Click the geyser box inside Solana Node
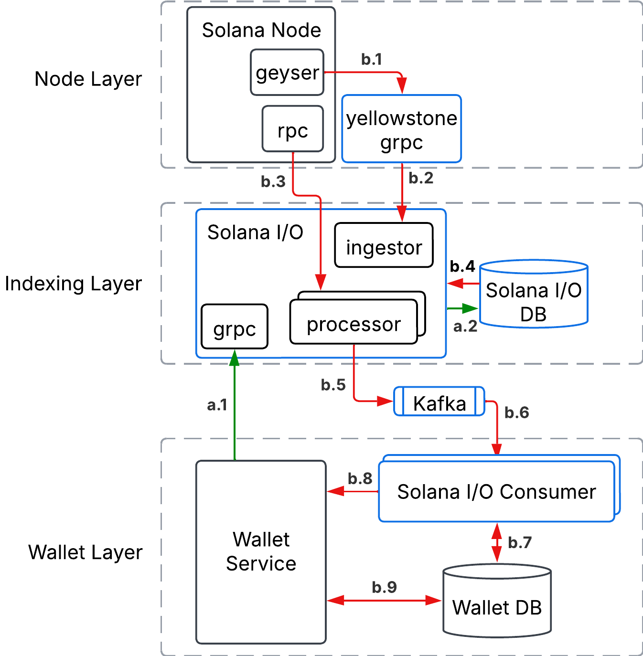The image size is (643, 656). (x=287, y=73)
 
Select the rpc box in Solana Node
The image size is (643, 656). (x=292, y=129)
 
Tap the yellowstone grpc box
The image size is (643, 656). (x=401, y=129)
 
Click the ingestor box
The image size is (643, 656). (x=384, y=245)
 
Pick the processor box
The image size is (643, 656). (x=354, y=323)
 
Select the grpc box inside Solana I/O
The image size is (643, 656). (x=235, y=327)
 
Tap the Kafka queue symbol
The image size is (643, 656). (x=439, y=402)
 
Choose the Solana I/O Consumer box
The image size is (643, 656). (x=496, y=492)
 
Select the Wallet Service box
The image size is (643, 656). (x=261, y=552)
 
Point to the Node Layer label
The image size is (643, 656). (x=88, y=79)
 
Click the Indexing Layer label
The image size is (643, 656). (x=74, y=284)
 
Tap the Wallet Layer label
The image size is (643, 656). (x=86, y=552)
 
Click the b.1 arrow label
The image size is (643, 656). (x=372, y=59)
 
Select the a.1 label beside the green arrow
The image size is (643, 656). (x=217, y=405)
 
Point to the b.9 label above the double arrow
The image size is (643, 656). (x=384, y=587)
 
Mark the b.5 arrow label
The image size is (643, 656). (x=333, y=385)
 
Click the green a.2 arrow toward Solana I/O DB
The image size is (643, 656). (x=462, y=308)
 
